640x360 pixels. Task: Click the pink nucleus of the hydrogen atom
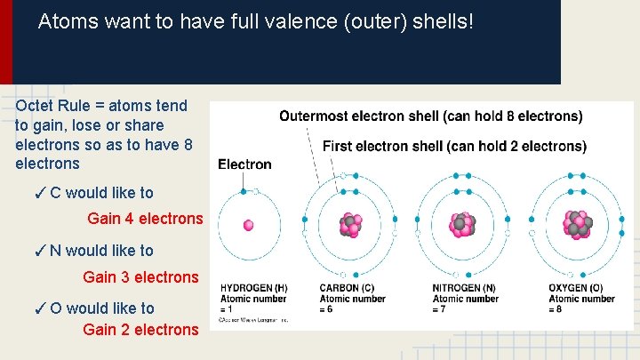coord(249,226)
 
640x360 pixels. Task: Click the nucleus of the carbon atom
coord(351,225)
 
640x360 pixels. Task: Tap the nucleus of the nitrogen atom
coord(463,225)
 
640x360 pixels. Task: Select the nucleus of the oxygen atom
coord(577,225)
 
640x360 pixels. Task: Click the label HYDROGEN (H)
coord(253,288)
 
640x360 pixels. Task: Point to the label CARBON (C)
coord(346,288)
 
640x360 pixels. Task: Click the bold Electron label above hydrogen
coord(244,164)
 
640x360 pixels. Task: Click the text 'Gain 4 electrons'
coord(145,219)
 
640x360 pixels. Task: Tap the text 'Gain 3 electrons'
coord(140,277)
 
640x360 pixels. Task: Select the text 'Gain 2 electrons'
coord(140,330)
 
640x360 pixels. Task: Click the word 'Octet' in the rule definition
coord(35,106)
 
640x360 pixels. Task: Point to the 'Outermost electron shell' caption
coord(431,116)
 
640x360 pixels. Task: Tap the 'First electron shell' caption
coord(454,146)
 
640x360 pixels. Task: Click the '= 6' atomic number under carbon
coord(328,309)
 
